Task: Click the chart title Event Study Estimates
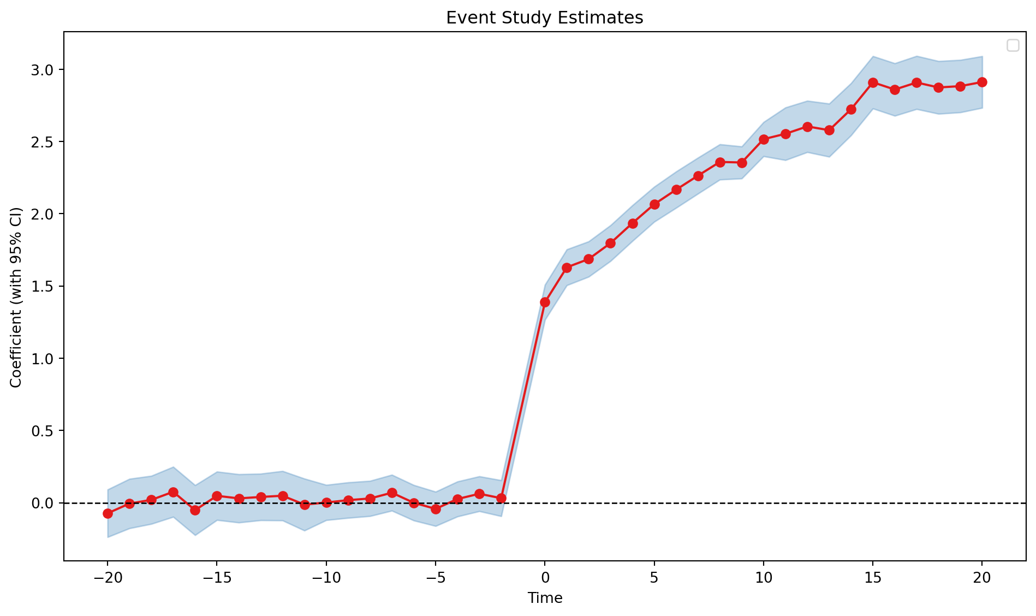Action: [545, 18]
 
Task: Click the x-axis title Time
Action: [545, 598]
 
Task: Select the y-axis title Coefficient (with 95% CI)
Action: [16, 298]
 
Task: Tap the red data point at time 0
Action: [545, 302]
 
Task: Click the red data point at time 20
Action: [982, 82]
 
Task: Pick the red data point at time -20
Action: [108, 513]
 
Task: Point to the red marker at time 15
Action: [873, 82]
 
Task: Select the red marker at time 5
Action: [654, 204]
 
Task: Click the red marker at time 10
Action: [764, 139]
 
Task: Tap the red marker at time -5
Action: [436, 509]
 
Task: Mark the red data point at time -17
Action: [173, 492]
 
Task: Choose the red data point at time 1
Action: [567, 268]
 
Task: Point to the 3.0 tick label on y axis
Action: [44, 70]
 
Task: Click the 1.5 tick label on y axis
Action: [44, 286]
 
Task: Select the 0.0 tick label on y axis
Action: [44, 503]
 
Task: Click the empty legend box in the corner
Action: [1013, 46]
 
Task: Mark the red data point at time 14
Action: [851, 109]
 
